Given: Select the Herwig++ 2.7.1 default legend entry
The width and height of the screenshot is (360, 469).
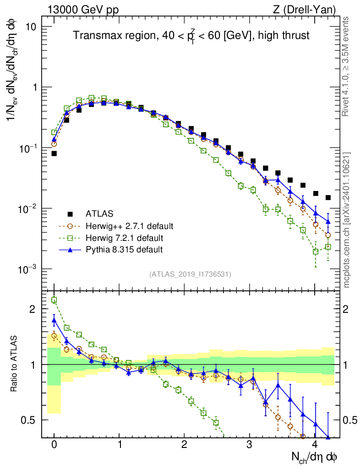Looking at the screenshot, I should coord(129,226).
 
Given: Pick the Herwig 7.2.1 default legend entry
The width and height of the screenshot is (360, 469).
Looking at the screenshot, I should coord(125,238).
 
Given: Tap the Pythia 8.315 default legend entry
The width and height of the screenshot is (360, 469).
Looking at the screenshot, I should coord(124,250).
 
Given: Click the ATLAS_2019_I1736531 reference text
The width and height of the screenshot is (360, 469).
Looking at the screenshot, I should coord(190,274).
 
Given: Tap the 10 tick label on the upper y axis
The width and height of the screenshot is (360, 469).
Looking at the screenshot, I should coord(32,27).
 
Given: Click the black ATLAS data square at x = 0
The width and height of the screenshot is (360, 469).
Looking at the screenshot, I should coord(54,153).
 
